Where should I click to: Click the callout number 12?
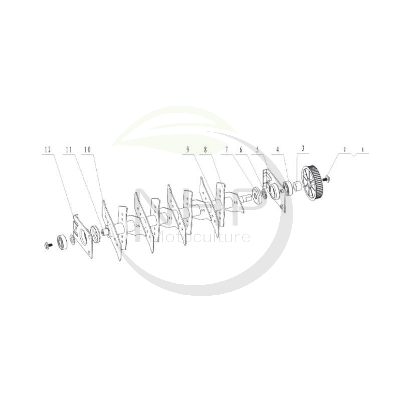pyautogui.click(x=48, y=149)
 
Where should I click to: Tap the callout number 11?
pyautogui.click(x=68, y=149)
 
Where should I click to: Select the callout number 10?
pyautogui.click(x=88, y=149)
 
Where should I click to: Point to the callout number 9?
pyautogui.click(x=187, y=149)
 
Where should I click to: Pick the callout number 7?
pyautogui.click(x=226, y=149)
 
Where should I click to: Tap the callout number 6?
pyautogui.click(x=241, y=149)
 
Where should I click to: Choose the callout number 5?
pyautogui.click(x=258, y=149)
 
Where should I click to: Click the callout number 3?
pyautogui.click(x=303, y=149)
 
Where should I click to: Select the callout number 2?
pyautogui.click(x=344, y=149)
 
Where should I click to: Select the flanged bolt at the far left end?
pyautogui.click(x=48, y=245)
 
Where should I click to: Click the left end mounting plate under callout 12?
pyautogui.click(x=83, y=236)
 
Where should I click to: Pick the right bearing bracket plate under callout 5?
pyautogui.click(x=275, y=191)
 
